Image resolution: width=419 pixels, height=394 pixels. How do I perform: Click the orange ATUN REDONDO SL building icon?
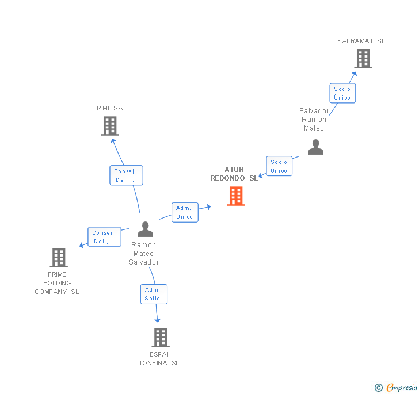pos(236,196)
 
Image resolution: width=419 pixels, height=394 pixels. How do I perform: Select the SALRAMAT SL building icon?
pos(363,59)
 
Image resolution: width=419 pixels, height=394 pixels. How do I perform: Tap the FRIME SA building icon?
pos(110,126)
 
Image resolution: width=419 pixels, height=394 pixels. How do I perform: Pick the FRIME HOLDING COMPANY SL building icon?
pos(58,258)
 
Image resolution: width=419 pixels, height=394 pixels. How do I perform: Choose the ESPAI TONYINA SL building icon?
pos(160,338)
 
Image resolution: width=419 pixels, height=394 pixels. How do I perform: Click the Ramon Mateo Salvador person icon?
pos(146,229)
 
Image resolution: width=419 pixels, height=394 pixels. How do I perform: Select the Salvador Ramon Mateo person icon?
pos(315,147)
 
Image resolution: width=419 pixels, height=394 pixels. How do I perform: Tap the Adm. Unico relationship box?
pos(185,212)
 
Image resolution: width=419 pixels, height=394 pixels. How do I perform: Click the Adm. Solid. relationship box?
pos(154,294)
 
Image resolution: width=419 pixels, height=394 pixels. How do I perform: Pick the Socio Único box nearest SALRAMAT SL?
pos(342,93)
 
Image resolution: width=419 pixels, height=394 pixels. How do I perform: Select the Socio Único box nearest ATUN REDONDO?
pos(279,166)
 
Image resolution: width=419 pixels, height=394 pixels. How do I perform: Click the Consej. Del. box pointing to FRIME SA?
pos(126,175)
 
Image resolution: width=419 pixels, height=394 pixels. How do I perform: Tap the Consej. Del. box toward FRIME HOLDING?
pos(104,237)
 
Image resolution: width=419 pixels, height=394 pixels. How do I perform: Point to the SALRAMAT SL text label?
pos(361,41)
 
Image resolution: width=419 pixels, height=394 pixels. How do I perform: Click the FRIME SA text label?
pos(108,108)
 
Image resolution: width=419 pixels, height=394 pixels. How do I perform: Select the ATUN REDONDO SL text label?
pos(234,174)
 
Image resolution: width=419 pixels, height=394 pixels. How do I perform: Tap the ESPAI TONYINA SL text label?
pos(159,358)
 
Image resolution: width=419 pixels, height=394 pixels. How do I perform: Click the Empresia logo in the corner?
pos(402,387)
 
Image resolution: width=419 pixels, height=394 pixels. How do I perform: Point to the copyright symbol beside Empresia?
pos(379,388)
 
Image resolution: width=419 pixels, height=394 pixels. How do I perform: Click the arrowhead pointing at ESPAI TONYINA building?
pos(157,319)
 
